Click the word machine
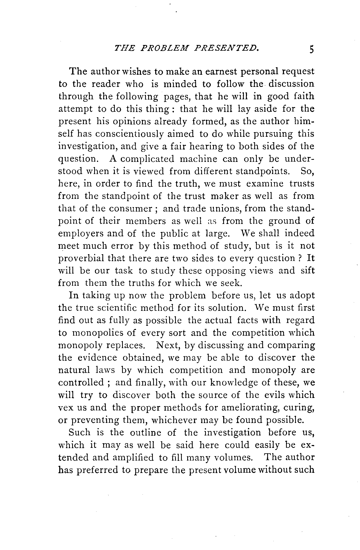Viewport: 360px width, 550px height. (x=198, y=159)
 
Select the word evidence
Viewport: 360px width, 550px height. (x=97, y=358)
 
